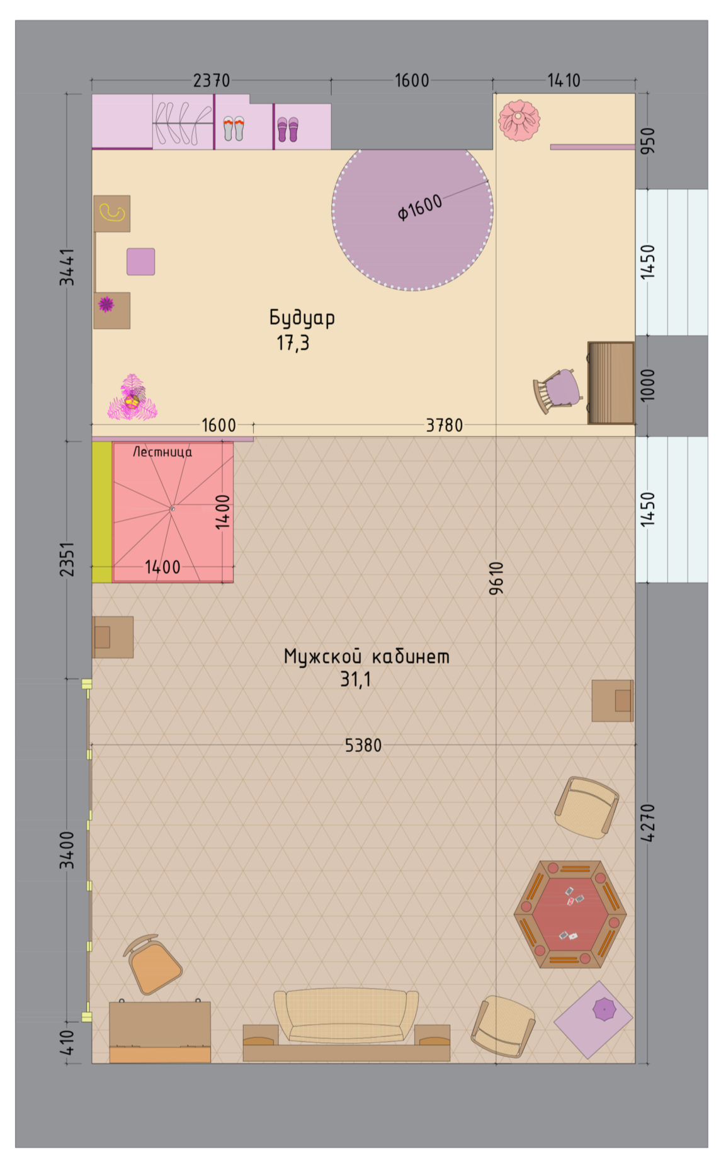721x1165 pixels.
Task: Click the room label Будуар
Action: pyautogui.click(x=302, y=317)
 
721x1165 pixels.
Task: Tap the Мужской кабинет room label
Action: pyautogui.click(x=366, y=656)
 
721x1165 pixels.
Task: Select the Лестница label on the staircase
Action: pyautogui.click(x=162, y=452)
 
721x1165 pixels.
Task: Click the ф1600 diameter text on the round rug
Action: pyautogui.click(x=419, y=208)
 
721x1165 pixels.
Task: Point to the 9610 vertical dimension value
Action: pyautogui.click(x=496, y=578)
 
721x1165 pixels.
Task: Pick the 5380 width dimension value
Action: pyautogui.click(x=363, y=745)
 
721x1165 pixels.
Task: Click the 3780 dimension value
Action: pyautogui.click(x=445, y=425)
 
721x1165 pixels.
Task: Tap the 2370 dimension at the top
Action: pyautogui.click(x=212, y=81)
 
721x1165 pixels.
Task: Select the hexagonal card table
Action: pyautogui.click(x=570, y=914)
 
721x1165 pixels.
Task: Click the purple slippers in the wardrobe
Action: pyautogui.click(x=288, y=129)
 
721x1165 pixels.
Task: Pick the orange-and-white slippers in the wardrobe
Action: pyautogui.click(x=234, y=128)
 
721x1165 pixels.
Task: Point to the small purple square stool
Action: pyautogui.click(x=141, y=261)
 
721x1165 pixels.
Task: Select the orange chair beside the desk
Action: pyautogui.click(x=153, y=964)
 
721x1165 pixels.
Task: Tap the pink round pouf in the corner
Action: pyautogui.click(x=519, y=120)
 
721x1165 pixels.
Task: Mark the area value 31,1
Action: pyautogui.click(x=356, y=679)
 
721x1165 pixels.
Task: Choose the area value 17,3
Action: pyautogui.click(x=293, y=343)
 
